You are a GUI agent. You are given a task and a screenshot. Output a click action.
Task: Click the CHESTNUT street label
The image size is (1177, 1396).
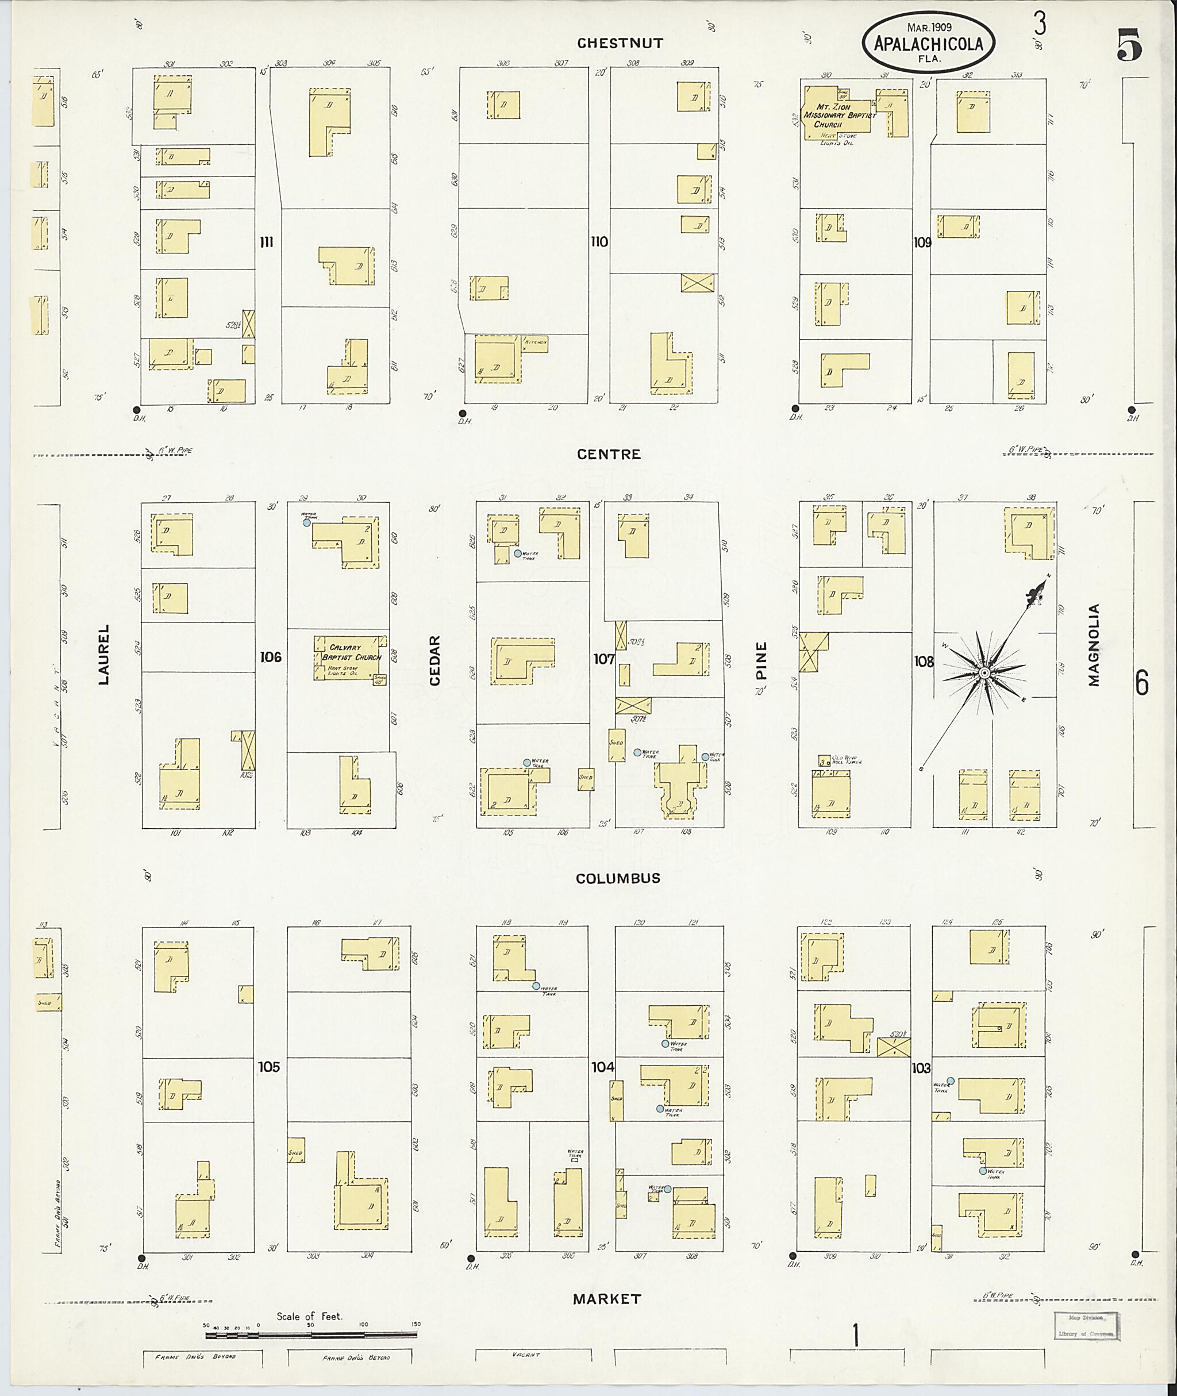point(620,43)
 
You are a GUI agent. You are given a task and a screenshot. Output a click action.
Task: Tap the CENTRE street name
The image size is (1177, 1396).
point(609,455)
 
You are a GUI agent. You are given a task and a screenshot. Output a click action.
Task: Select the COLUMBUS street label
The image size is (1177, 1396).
point(618,878)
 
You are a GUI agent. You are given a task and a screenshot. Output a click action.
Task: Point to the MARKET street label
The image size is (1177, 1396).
point(606,1298)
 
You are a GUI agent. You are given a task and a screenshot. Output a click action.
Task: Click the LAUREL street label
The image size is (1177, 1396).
point(103,655)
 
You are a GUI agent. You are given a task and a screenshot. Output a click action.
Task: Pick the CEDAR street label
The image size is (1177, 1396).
point(435,660)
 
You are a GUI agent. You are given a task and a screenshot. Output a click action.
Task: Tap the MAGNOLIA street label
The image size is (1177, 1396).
point(1093,645)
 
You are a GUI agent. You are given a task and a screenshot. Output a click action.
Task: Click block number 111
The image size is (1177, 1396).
point(266,242)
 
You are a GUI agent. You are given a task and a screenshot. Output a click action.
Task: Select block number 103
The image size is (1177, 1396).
point(921,1068)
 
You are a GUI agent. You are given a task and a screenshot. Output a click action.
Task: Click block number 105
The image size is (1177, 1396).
point(269,1066)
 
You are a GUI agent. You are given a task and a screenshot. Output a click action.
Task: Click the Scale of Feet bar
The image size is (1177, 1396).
point(311,1335)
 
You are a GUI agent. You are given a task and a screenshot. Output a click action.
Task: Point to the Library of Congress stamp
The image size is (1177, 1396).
point(1085,1325)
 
